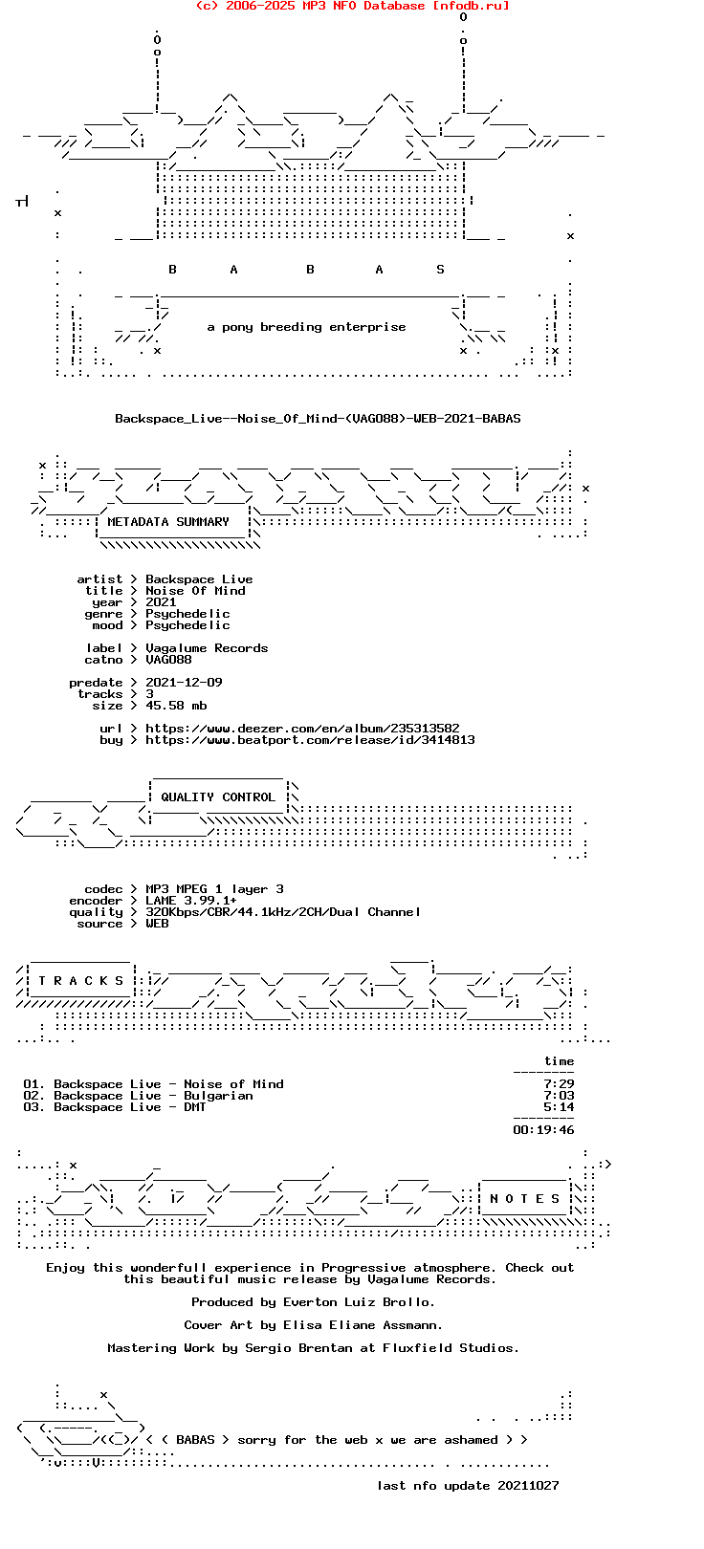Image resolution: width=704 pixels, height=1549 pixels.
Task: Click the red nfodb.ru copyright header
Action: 353,6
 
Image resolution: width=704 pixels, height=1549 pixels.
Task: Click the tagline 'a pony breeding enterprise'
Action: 306,327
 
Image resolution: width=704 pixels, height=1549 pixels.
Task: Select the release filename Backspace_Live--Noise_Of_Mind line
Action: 319,419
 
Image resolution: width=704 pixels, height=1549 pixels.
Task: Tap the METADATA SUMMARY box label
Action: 168,521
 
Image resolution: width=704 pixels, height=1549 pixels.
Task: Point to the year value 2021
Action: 161,602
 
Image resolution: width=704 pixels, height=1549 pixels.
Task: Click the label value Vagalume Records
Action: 207,648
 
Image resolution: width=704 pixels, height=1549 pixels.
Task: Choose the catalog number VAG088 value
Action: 168,660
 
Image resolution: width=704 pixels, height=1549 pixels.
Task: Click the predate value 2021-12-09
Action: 184,683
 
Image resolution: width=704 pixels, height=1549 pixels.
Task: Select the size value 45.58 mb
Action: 176,706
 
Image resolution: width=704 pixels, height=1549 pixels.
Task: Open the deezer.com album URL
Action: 302,729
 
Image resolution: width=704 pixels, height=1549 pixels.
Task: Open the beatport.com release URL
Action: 310,740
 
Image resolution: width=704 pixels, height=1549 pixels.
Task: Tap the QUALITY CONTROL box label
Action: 218,797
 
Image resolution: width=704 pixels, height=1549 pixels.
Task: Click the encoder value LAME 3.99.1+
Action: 191,901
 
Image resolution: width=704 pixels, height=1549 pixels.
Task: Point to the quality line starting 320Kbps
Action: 283,912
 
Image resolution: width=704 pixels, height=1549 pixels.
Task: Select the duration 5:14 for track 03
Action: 559,1107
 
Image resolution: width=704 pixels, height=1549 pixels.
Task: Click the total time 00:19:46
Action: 543,1130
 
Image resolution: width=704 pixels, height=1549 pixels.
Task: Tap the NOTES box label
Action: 524,1198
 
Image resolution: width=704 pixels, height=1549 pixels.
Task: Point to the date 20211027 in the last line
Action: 528,1485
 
